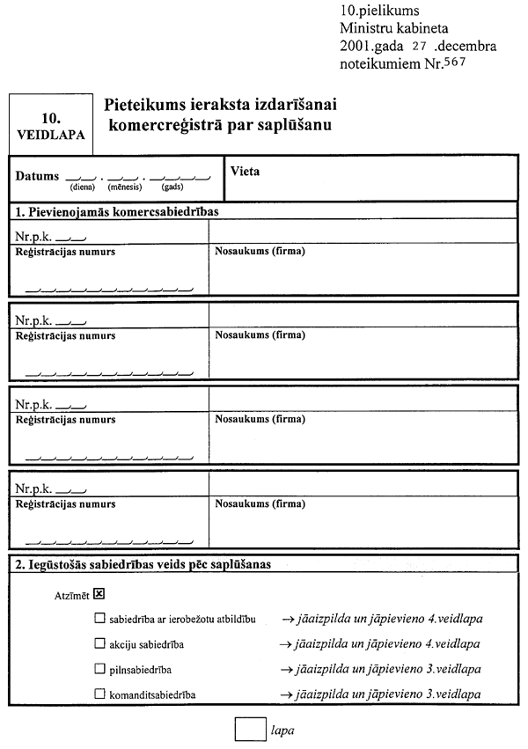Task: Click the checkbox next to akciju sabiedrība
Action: pos(99,644)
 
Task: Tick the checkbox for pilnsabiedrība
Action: pos(99,669)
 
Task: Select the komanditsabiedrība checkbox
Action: pos(99,694)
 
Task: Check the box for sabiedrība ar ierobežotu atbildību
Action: pos(99,619)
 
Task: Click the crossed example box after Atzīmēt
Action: pos(99,593)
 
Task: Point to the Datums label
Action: pos(38,176)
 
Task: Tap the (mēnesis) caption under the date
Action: pos(125,187)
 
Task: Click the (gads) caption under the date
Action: pos(172,187)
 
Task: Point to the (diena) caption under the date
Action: pos(82,187)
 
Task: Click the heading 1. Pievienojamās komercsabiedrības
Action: pos(116,212)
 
